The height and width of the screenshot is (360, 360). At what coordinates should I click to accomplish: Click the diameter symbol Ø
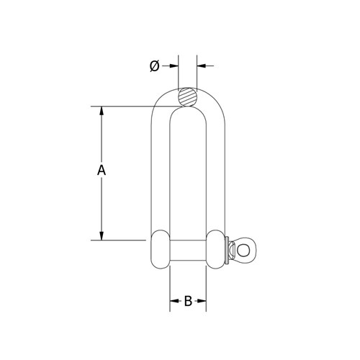[x=153, y=66]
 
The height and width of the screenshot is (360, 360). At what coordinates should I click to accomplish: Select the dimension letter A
[x=102, y=171]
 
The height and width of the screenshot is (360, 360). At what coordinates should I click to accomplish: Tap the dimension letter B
[x=188, y=301]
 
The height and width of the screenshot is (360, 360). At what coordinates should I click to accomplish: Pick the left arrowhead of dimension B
[x=173, y=301]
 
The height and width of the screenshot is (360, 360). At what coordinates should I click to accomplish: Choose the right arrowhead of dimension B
[x=202, y=301]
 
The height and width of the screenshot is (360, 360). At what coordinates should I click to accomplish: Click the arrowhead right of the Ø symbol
[x=172, y=66]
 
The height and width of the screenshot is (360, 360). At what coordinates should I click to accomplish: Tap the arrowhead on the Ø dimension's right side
[x=201, y=66]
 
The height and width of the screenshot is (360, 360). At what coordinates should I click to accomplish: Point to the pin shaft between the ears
[x=188, y=249]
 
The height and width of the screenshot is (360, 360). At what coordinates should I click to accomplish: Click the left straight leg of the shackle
[x=160, y=173]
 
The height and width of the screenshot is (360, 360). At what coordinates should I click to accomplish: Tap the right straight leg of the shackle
[x=215, y=173]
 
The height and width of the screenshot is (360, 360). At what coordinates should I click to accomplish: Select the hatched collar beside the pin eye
[x=231, y=249]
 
